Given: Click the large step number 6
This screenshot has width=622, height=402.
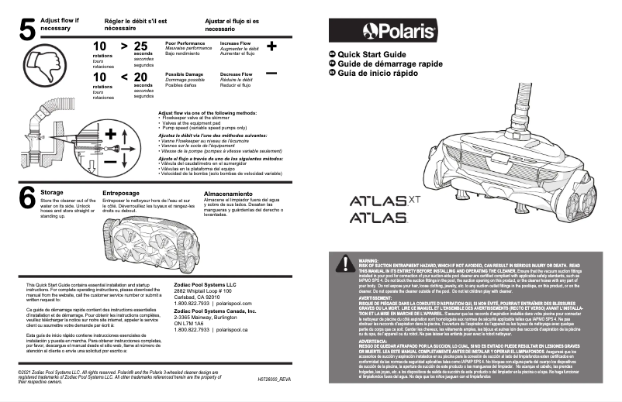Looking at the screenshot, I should click(26, 199).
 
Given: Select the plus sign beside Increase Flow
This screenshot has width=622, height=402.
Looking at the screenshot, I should click(271, 46).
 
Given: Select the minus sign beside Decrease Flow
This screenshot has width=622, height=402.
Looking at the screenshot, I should click(271, 73).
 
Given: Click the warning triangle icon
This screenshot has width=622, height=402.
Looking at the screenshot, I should click(343, 264).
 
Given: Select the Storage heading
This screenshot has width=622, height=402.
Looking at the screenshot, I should click(52, 191).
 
